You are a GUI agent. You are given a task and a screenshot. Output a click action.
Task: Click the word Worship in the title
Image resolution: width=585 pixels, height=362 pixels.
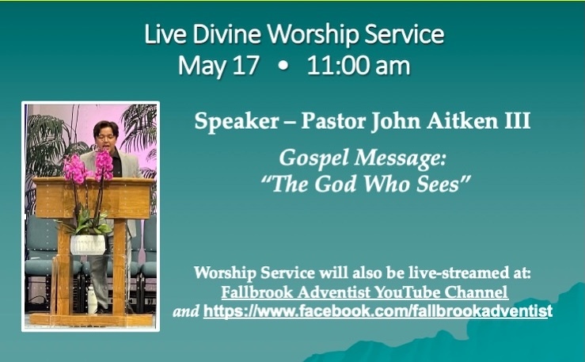[313, 35]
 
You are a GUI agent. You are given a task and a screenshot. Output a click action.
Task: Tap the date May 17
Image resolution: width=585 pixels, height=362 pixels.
[218, 66]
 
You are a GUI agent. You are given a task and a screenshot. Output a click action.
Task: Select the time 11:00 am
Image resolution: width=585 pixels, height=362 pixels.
[359, 65]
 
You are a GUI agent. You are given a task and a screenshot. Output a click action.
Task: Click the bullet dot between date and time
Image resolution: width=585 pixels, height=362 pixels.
[283, 66]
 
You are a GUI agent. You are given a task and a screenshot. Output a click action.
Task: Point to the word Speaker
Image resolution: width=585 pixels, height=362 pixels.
[237, 121]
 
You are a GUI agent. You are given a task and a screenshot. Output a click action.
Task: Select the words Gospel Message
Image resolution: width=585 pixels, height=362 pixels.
[363, 158]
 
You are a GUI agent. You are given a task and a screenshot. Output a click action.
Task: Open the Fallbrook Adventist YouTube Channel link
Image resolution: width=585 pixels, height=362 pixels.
[364, 292]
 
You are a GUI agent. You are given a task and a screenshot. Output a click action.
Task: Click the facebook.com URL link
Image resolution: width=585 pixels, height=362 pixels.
[378, 311]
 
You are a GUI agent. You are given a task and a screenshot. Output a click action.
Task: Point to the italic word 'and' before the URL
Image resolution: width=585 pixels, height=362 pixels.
[186, 311]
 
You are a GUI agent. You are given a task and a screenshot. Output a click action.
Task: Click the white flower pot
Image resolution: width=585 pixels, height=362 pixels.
[88, 245]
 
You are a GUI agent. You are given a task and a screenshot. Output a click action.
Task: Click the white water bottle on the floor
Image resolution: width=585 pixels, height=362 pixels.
[92, 299]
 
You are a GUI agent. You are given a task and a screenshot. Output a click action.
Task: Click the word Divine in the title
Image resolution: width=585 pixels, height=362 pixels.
[227, 34]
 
